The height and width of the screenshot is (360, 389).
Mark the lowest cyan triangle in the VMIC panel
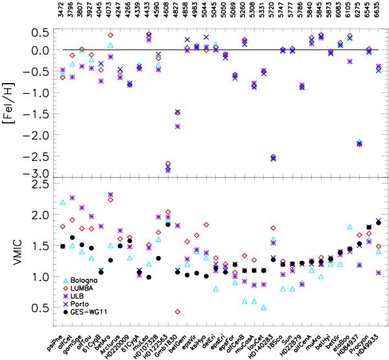coord(263,307)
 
